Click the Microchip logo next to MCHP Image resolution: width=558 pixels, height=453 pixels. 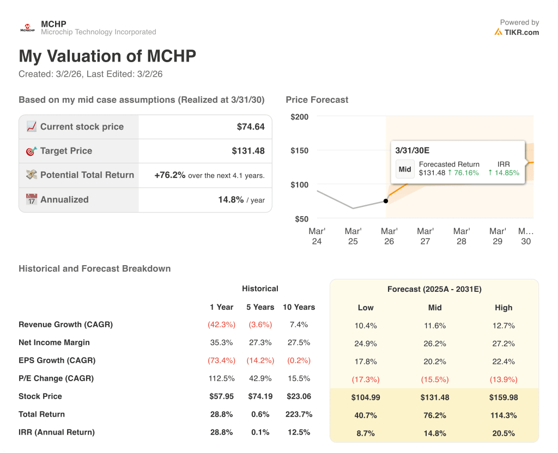click(x=27, y=28)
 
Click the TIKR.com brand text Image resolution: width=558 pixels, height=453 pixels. click(x=521, y=32)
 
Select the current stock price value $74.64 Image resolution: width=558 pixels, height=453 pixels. click(x=251, y=127)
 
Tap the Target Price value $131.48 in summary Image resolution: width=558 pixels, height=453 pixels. click(x=248, y=151)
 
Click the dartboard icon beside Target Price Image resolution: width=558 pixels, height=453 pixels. click(x=32, y=151)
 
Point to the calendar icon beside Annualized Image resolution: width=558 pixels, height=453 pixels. click(x=32, y=199)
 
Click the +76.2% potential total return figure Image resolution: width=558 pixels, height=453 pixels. click(x=170, y=175)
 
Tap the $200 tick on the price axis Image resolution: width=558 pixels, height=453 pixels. click(x=299, y=117)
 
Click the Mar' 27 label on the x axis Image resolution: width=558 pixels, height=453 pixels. click(x=425, y=236)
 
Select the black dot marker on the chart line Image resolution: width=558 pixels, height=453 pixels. click(x=386, y=201)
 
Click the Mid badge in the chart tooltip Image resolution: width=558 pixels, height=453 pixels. click(x=405, y=169)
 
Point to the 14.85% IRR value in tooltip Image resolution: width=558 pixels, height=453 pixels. click(x=504, y=173)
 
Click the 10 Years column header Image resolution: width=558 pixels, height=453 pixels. click(x=299, y=307)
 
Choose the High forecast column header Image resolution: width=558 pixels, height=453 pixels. click(x=504, y=308)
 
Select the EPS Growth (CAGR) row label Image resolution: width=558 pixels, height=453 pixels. click(x=57, y=360)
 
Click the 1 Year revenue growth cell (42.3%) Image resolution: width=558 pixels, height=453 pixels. click(x=221, y=325)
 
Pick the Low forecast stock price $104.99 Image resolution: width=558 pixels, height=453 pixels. click(x=366, y=397)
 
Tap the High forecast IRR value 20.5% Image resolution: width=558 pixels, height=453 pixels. click(x=504, y=433)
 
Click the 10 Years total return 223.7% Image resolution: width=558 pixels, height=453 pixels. click(x=299, y=414)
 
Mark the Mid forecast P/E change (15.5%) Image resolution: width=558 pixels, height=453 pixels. click(x=435, y=379)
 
